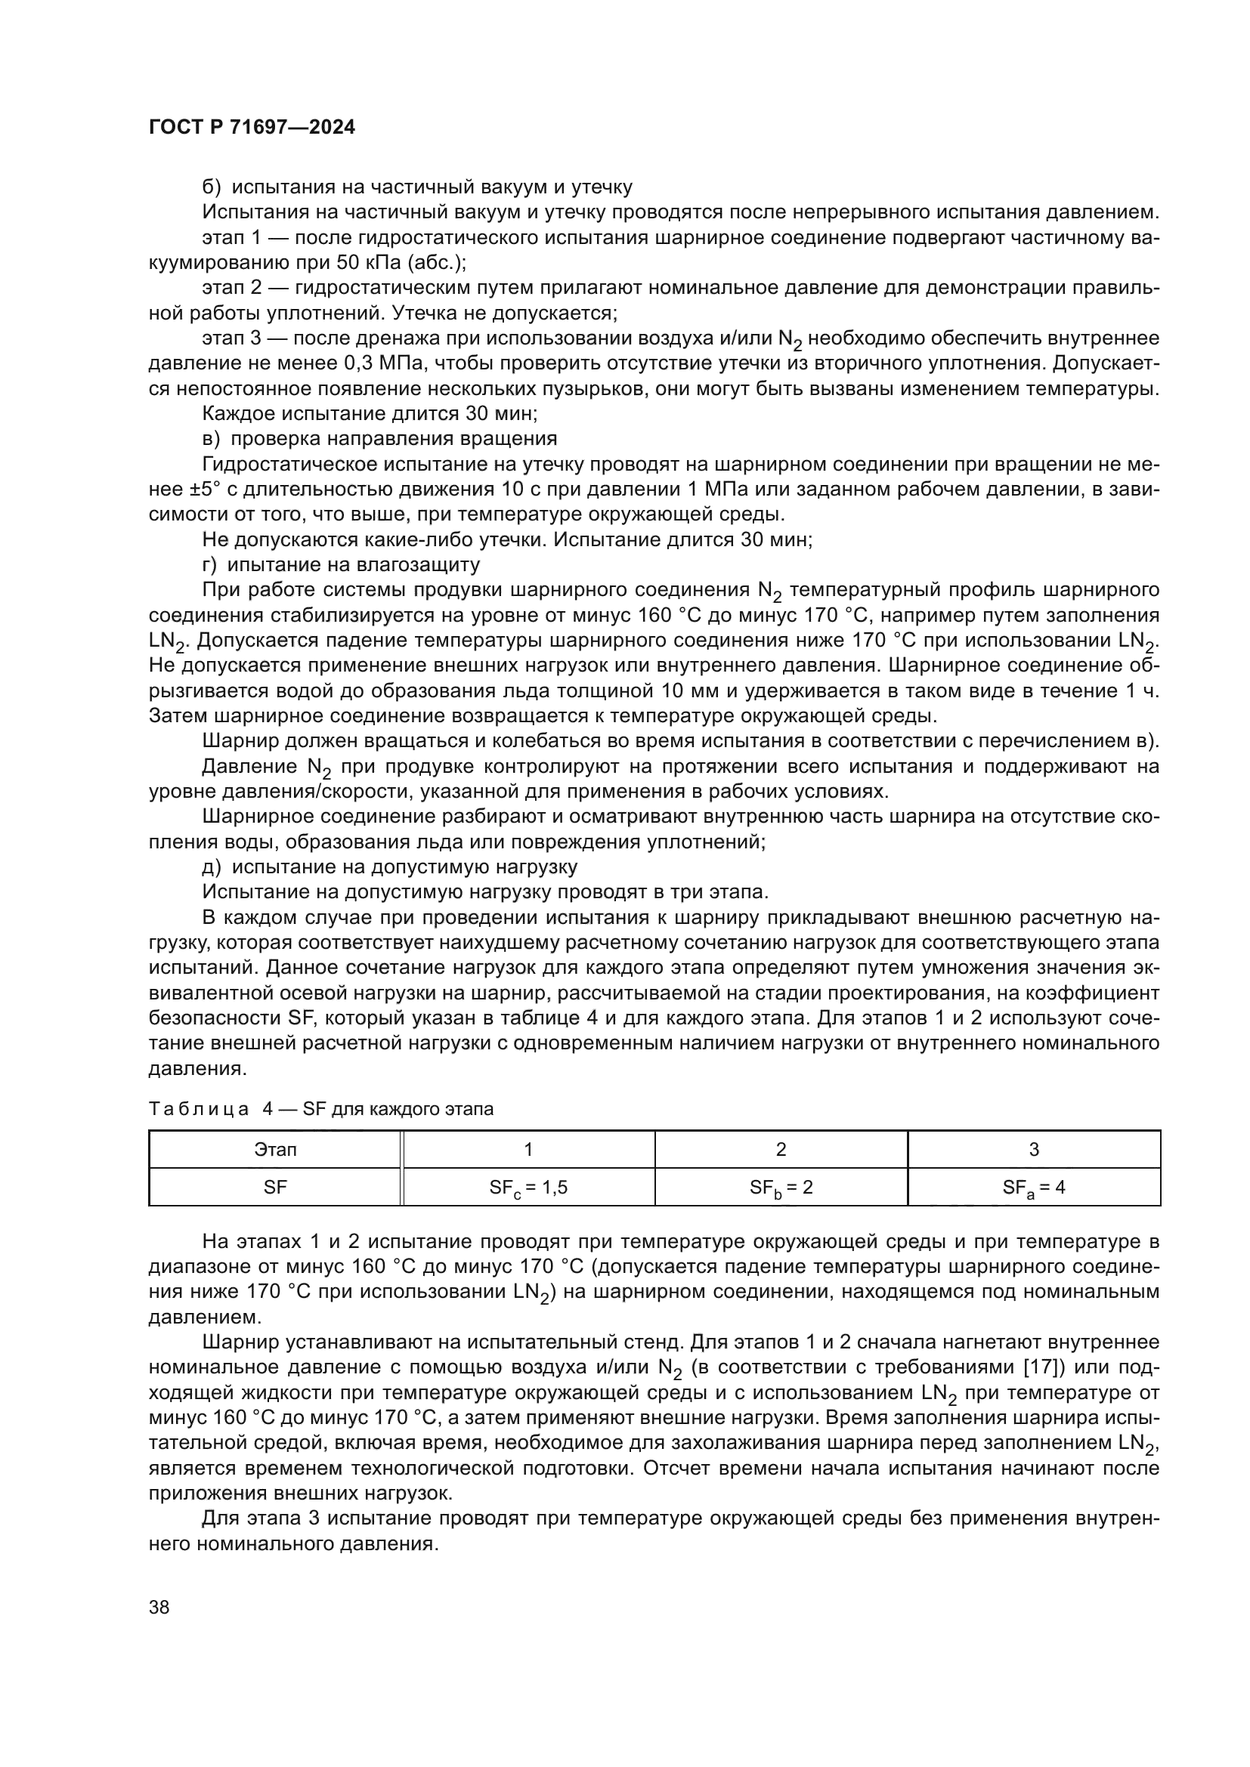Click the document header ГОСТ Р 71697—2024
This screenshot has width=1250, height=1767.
tap(252, 128)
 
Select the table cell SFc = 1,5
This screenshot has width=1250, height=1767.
tap(528, 1188)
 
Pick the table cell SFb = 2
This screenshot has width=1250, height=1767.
tap(781, 1188)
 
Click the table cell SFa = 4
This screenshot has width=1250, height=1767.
tap(1033, 1188)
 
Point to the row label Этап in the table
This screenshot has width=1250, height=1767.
tap(275, 1150)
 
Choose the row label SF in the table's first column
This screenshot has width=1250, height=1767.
tap(275, 1188)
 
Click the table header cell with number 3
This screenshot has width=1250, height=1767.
tap(1034, 1150)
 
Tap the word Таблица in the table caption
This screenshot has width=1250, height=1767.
tap(199, 1109)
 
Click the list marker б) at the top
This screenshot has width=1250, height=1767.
tap(212, 187)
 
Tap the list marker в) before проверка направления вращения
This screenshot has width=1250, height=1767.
tap(211, 439)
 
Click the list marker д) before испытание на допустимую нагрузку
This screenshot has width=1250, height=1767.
tap(212, 867)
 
